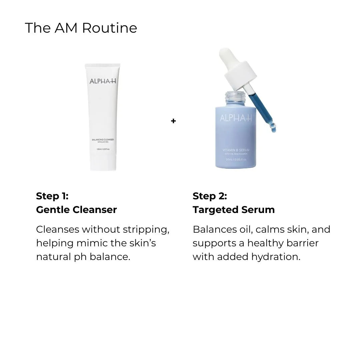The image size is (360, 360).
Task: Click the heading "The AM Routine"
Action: pyautogui.click(x=81, y=28)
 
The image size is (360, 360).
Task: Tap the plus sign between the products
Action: pyautogui.click(x=173, y=121)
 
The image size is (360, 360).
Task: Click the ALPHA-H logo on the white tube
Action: pyautogui.click(x=102, y=81)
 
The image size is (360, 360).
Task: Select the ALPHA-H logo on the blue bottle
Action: pyautogui.click(x=236, y=118)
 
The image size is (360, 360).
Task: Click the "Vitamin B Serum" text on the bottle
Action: pyautogui.click(x=236, y=150)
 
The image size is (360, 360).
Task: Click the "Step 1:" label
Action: pyautogui.click(x=52, y=196)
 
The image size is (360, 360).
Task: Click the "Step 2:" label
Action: pyautogui.click(x=210, y=196)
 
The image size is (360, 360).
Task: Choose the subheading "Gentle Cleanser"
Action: pyautogui.click(x=76, y=210)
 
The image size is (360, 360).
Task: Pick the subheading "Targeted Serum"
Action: pyautogui.click(x=234, y=210)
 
